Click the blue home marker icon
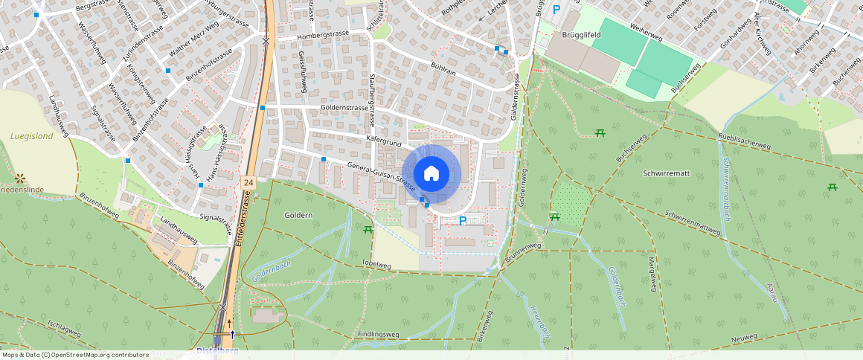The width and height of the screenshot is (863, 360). pos(431,174)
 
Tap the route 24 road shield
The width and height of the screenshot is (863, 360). pos(248,182)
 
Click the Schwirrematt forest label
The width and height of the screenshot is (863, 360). pos(665,173)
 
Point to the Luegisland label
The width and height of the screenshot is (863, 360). pos(32,136)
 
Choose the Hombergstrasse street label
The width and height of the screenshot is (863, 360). pos(322,36)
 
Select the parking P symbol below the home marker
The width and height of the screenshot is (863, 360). pos(463,221)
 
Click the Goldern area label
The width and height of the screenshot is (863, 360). pos(298,215)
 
